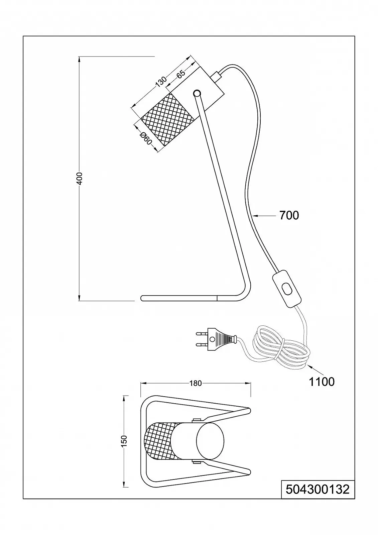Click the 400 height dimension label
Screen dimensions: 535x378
[79, 180]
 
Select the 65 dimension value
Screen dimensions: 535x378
[181, 75]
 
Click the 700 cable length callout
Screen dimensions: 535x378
[289, 215]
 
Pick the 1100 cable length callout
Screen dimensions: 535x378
[322, 382]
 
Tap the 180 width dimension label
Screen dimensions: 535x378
[196, 383]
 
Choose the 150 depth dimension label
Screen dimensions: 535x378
[124, 441]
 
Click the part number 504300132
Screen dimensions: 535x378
[318, 490]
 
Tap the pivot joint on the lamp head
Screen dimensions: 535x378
[197, 93]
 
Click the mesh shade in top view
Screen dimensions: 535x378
[161, 441]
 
